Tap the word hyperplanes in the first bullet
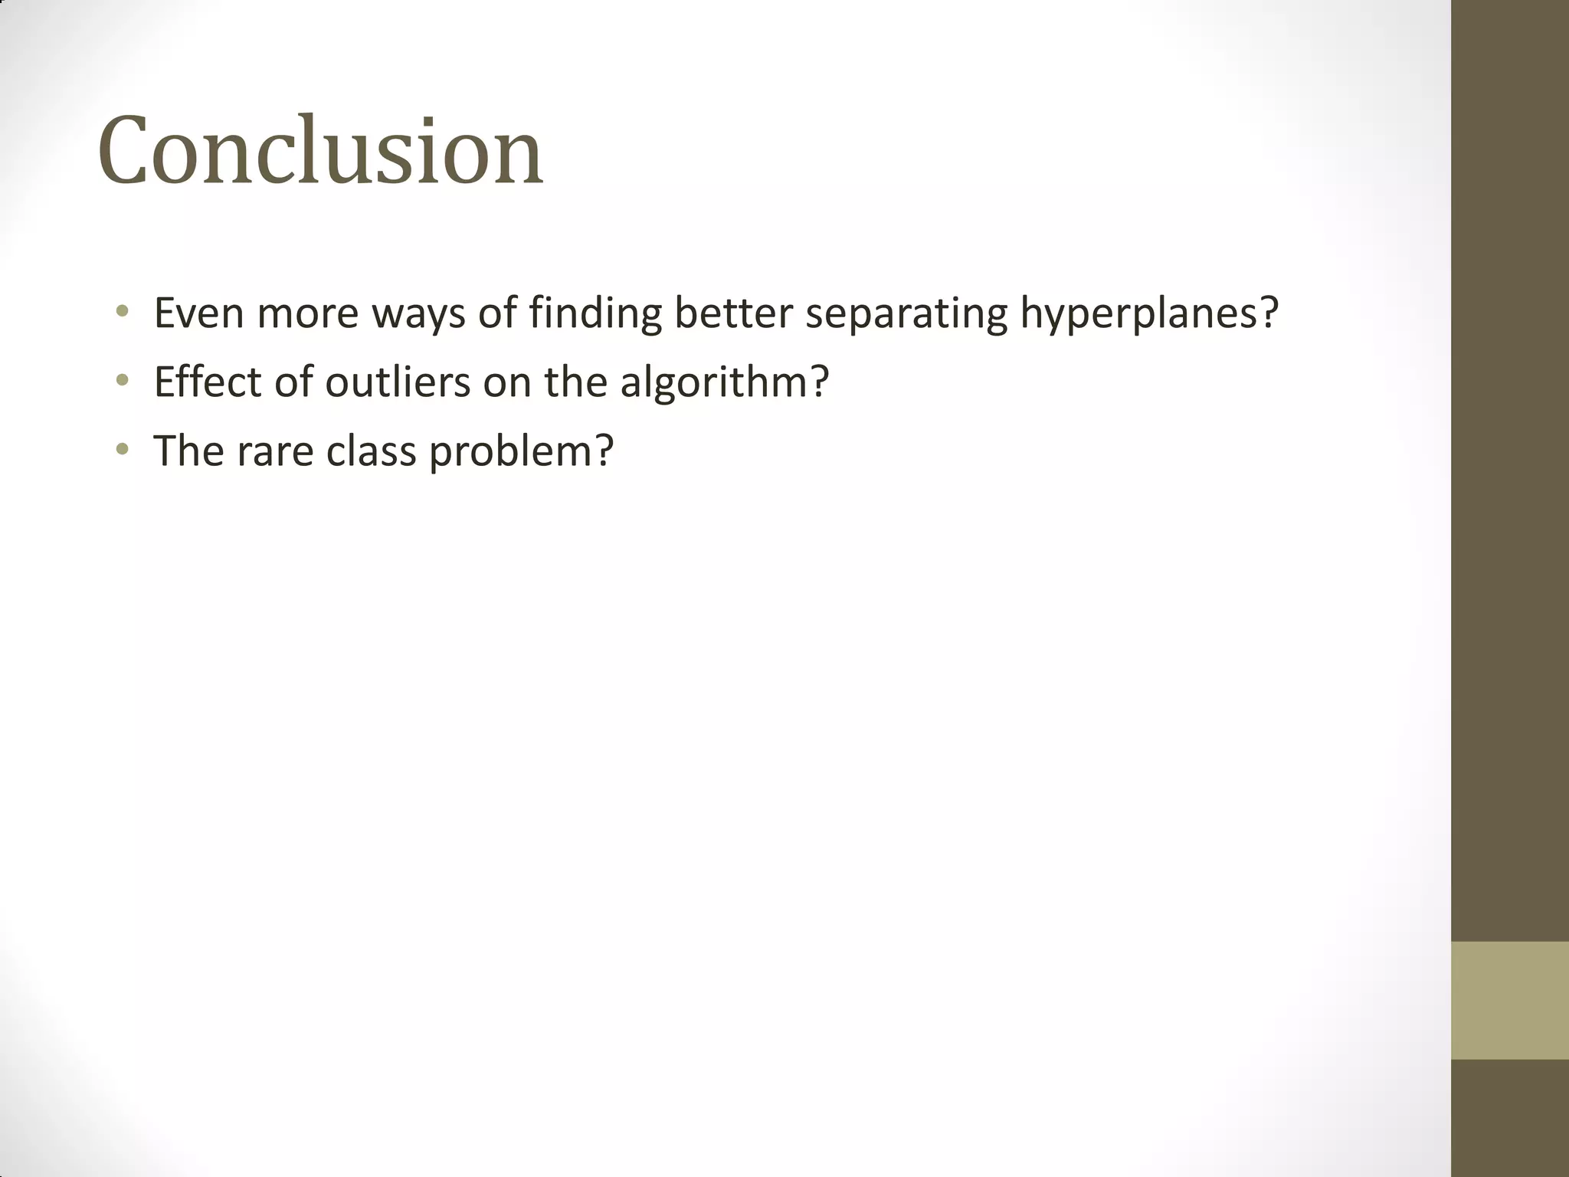point(1138,313)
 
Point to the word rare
point(275,451)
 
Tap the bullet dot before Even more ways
point(122,311)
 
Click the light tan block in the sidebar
point(1509,999)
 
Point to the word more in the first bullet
point(307,313)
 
